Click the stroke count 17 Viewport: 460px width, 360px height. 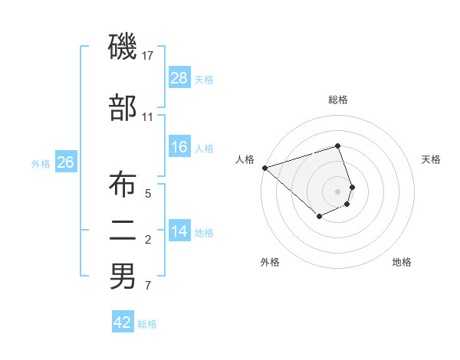point(148,56)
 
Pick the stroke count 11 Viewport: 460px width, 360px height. point(148,117)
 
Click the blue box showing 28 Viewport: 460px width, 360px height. point(179,77)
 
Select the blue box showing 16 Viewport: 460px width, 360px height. point(179,147)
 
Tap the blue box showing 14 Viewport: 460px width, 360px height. point(179,231)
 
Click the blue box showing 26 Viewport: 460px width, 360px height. point(65,162)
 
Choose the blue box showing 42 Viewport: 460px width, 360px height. point(123,322)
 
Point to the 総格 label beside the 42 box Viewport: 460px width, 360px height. point(147,324)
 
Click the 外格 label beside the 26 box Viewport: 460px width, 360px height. point(41,163)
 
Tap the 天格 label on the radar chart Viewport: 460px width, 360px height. point(432,159)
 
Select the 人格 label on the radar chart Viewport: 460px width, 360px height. point(245,159)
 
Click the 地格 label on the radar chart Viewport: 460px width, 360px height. point(402,262)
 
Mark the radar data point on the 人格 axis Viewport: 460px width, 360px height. point(264,167)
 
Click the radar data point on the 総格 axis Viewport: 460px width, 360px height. point(338,146)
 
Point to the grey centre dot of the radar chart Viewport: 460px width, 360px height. point(338,191)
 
